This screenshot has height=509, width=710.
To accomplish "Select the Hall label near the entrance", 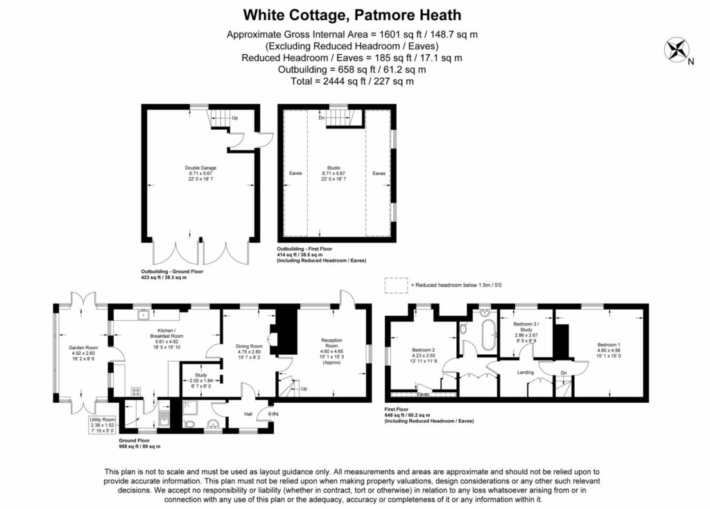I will coord(248,415).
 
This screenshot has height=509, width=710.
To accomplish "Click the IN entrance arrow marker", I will coord(272,415).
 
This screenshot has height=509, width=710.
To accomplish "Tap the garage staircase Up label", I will coord(234,118).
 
